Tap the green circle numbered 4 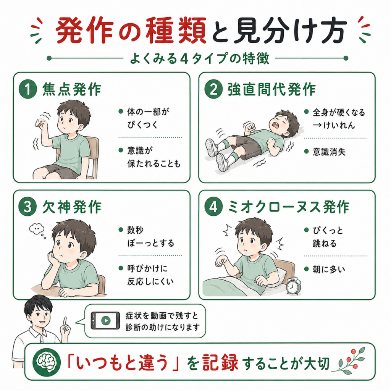coord(213,207)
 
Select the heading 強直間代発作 coord(271,89)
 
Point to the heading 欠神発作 coord(72,207)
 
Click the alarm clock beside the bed coord(293,286)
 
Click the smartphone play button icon coord(105,320)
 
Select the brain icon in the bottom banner coord(47,362)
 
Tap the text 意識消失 coord(329,152)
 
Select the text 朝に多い coord(329,269)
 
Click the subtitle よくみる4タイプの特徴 coord(199,58)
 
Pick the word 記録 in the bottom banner coord(220,363)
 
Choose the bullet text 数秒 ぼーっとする coord(150,236)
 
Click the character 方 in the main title coord(333,31)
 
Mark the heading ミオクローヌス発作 coord(289,207)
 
